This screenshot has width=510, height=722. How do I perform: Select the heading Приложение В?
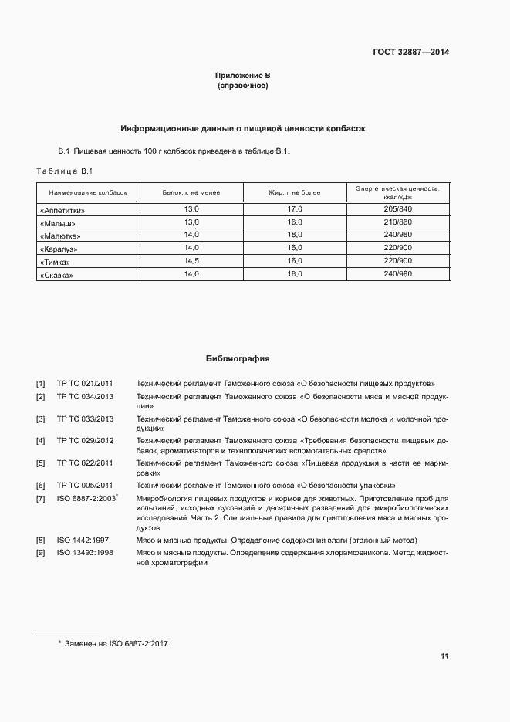[243, 76]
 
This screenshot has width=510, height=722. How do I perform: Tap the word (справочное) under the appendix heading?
[243, 86]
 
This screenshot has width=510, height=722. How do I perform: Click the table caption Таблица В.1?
[64, 171]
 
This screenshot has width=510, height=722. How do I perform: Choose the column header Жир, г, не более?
[294, 192]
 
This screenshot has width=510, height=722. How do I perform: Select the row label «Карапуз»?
[59, 249]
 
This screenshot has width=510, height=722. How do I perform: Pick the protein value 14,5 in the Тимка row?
[191, 261]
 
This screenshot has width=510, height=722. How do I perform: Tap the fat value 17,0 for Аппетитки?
[294, 209]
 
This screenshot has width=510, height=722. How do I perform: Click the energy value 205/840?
[397, 209]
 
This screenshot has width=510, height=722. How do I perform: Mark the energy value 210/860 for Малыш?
[397, 222]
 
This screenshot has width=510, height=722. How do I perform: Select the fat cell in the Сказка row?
[294, 274]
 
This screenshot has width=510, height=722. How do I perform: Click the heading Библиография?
[238, 359]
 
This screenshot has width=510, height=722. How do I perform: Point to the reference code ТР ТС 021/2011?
[85, 383]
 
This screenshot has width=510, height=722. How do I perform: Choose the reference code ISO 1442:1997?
[84, 540]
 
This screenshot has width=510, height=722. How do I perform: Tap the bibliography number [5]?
[40, 463]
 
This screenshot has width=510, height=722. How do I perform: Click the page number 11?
[444, 656]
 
